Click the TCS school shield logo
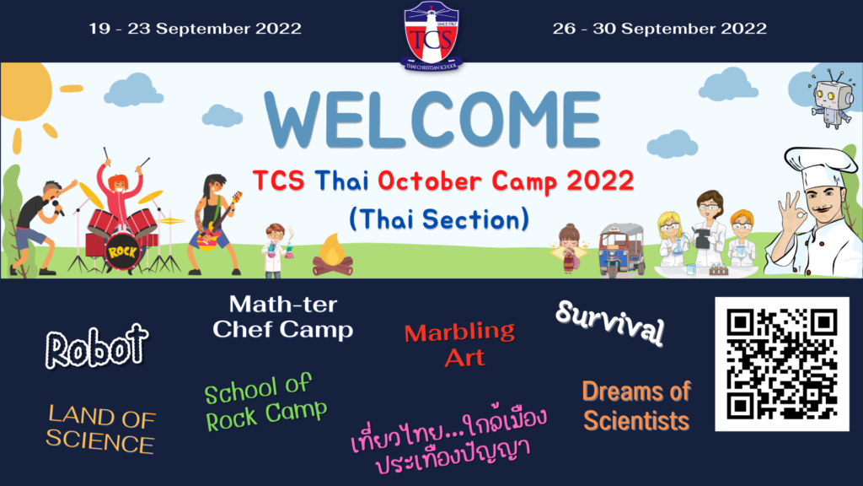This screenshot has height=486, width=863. (x=431, y=35)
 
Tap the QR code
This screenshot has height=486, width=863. (x=781, y=364)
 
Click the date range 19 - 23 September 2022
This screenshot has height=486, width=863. (x=196, y=29)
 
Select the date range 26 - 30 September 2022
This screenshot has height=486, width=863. (x=659, y=29)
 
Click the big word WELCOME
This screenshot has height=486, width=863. (x=432, y=120)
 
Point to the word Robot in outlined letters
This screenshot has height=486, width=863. (x=97, y=347)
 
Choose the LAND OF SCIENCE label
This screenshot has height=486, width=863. (x=101, y=429)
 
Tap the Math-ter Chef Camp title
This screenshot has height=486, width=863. (x=283, y=317)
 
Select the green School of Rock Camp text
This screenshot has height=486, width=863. (x=265, y=402)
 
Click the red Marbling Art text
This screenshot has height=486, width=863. (x=460, y=345)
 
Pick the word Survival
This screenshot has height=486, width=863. (x=610, y=322)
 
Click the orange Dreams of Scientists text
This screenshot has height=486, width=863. (x=636, y=406)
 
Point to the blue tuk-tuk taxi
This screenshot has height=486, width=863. (x=621, y=250)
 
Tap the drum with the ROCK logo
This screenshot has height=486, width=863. (x=122, y=251)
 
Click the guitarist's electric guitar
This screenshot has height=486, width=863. (x=218, y=223)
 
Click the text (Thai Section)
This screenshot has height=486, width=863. (x=439, y=219)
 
